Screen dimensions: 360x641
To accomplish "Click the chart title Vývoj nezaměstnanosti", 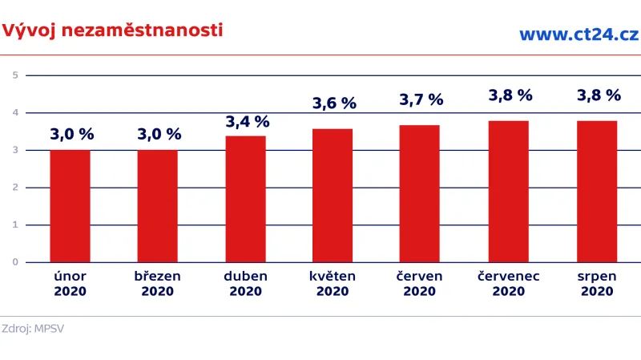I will click(x=112, y=30).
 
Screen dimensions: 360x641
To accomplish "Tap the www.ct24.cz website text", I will click(x=578, y=34).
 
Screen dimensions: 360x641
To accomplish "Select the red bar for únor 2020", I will click(x=70, y=206).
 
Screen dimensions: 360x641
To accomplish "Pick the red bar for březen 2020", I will click(x=157, y=206).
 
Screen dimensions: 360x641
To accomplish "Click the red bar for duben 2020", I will click(x=245, y=199).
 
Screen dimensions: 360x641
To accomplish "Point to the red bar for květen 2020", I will click(x=333, y=195).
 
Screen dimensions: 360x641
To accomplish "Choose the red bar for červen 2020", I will click(x=420, y=193).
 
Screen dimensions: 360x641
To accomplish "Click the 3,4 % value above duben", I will click(x=247, y=122).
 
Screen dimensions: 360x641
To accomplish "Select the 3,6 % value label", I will click(x=333, y=103).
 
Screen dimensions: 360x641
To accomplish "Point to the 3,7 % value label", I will click(x=421, y=100).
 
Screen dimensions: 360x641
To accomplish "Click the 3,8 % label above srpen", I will click(x=599, y=95).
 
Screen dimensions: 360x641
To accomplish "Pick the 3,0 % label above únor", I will click(x=71, y=135).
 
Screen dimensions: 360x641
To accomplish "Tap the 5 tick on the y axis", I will click(x=15, y=75).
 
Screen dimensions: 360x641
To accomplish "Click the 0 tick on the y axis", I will click(x=15, y=262).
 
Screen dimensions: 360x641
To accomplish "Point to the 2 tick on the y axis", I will click(x=15, y=188).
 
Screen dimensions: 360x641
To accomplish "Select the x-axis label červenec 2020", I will click(x=509, y=283).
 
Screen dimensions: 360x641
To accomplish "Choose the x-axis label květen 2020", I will click(x=333, y=283).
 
